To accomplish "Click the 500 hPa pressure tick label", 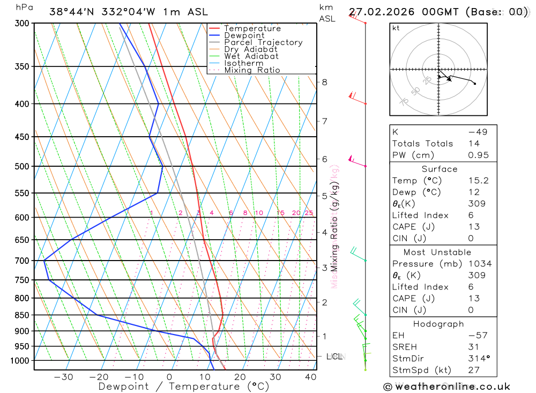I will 23,166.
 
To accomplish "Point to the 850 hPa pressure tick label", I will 23,315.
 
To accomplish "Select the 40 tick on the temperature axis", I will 310,377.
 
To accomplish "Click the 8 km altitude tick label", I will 324,82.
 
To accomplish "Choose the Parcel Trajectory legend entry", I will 263,42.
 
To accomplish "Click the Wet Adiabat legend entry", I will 251,56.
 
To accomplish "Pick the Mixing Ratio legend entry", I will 252,70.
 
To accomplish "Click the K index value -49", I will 478,132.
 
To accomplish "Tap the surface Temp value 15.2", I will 478,181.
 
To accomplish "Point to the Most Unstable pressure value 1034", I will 479,264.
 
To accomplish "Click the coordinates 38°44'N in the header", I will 73,12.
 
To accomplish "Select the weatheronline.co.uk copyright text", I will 447,387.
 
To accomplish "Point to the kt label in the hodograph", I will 396,28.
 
